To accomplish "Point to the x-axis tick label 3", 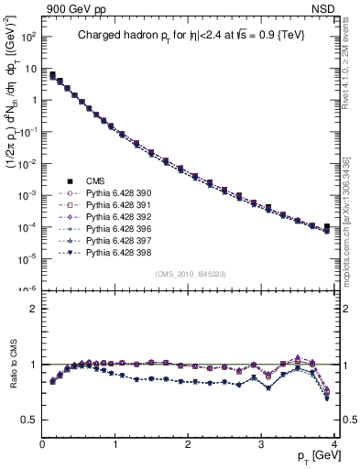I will pyautogui.click(x=260, y=444).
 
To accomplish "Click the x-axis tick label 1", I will pyautogui.click(x=115, y=444).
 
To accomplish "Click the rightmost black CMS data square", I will pyautogui.click(x=327, y=226).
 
